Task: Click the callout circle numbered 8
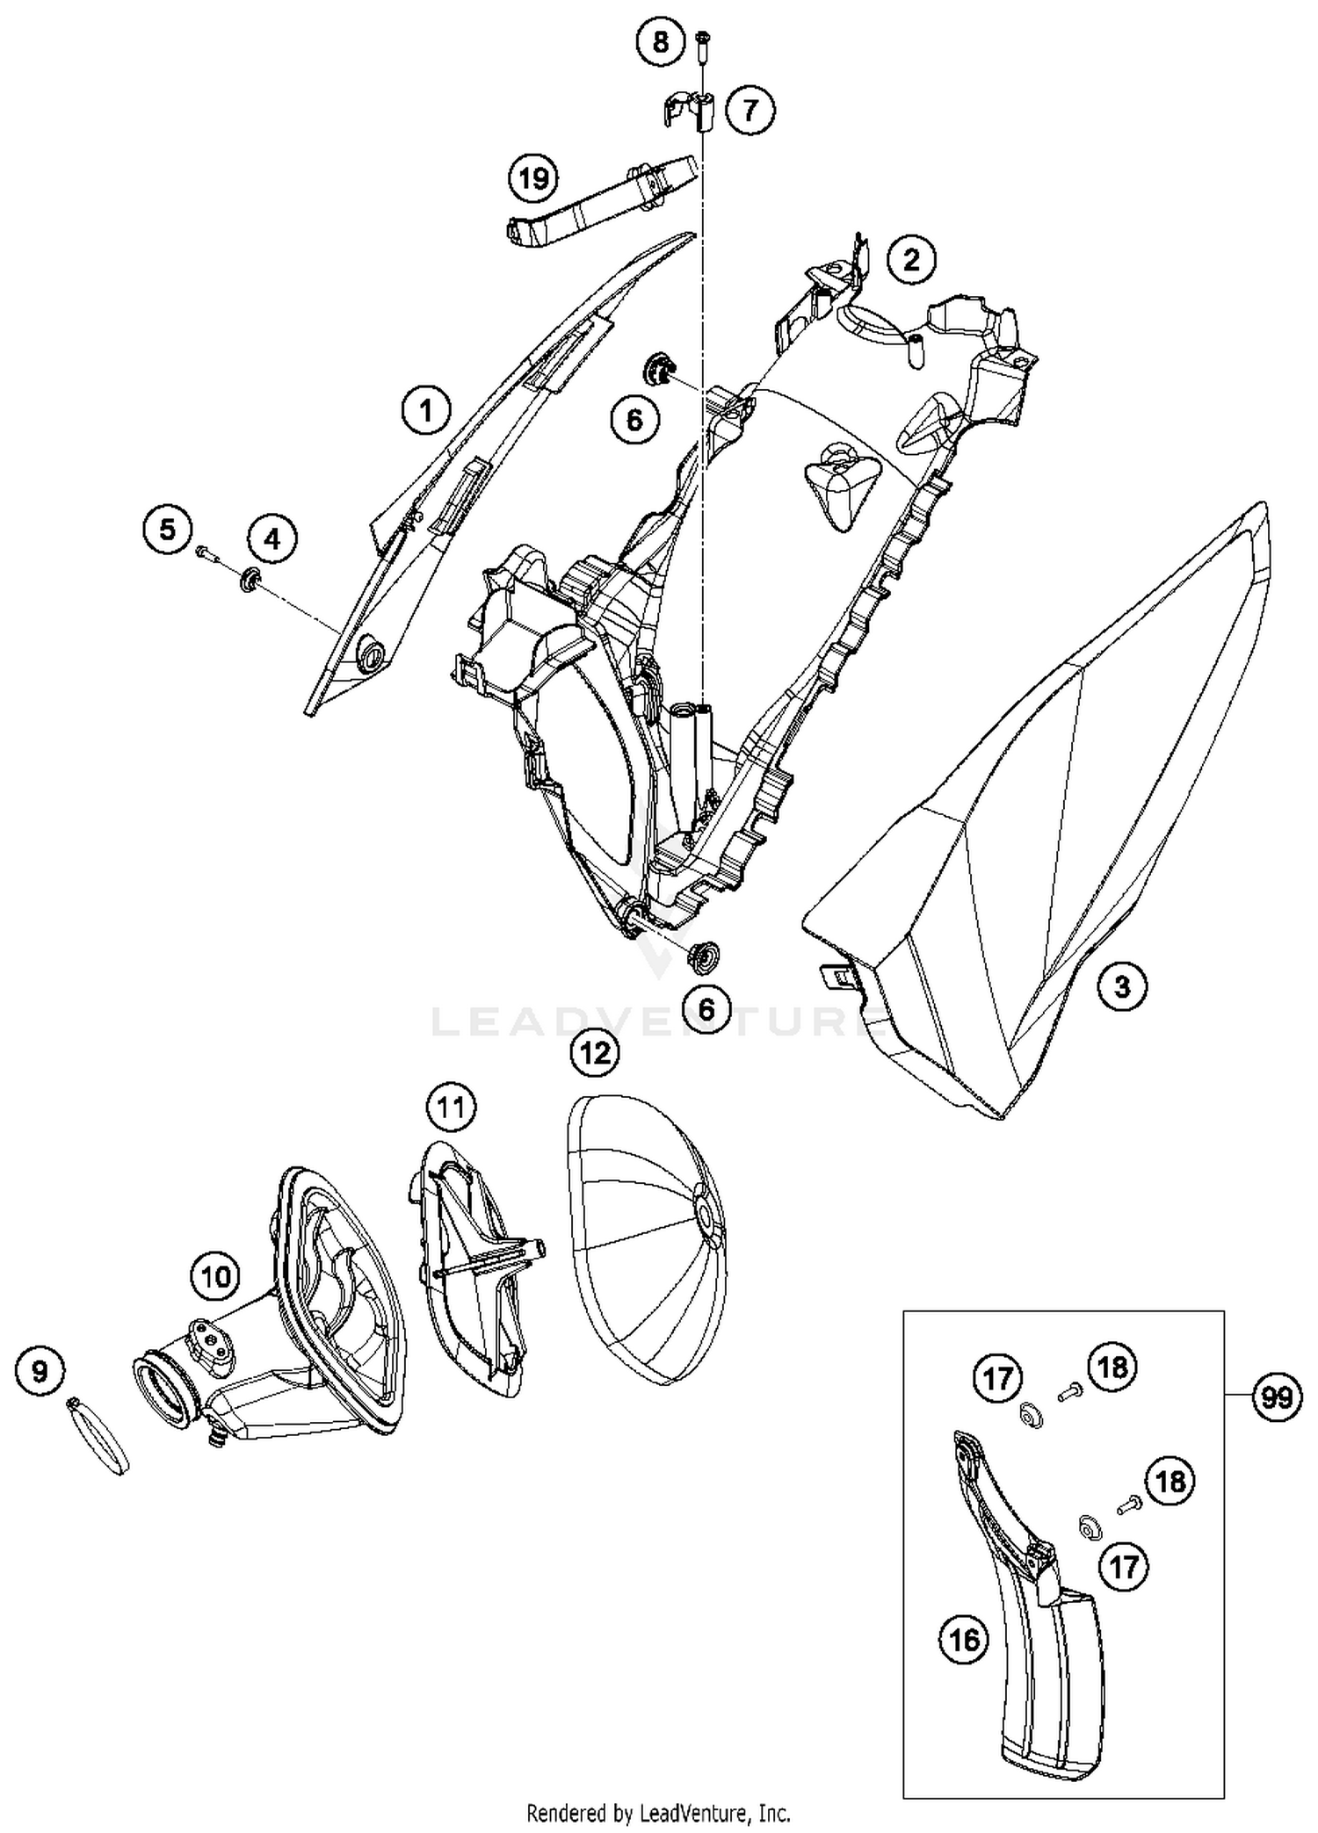(x=660, y=42)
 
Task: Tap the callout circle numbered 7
(x=750, y=112)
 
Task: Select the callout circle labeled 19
(x=533, y=179)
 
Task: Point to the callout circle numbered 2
(x=911, y=260)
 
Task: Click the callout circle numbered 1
(x=426, y=410)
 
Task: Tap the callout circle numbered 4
(x=272, y=538)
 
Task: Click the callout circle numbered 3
(x=1122, y=986)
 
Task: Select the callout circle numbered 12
(x=595, y=1051)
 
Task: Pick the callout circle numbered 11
(x=451, y=1109)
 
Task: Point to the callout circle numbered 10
(x=216, y=1276)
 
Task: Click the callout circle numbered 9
(x=40, y=1369)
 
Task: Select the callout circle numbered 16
(x=964, y=1640)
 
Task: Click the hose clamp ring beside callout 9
(x=98, y=1434)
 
